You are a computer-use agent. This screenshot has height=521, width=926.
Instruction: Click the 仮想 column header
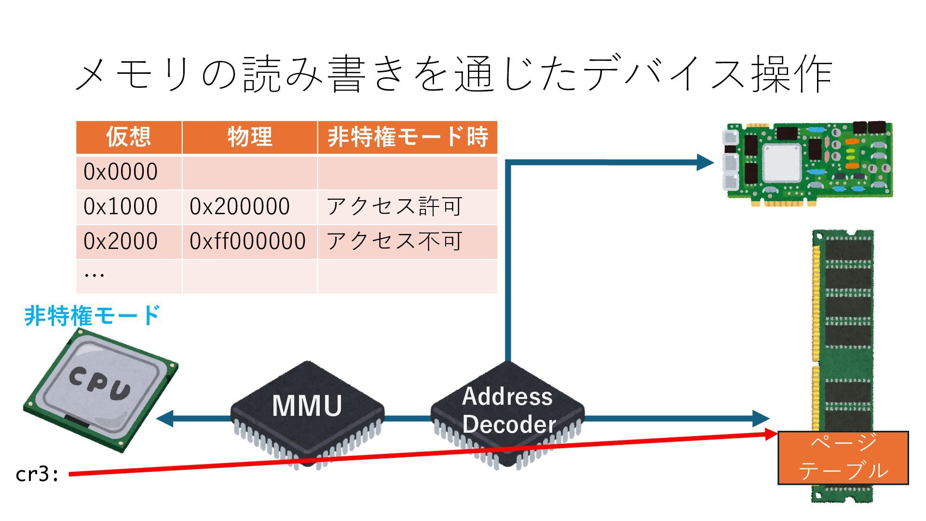coord(129,137)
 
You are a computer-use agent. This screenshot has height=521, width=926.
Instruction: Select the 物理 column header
coord(249,137)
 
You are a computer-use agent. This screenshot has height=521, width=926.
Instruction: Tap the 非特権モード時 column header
coord(408,137)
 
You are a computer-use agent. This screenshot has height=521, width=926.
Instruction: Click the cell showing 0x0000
coord(121,172)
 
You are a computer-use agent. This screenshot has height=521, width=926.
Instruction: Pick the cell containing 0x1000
coord(121,207)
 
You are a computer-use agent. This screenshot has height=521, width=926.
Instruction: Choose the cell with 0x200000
coord(240,207)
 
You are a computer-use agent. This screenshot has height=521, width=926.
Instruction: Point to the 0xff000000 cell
coord(247,241)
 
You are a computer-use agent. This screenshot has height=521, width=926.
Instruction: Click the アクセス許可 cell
coord(395,207)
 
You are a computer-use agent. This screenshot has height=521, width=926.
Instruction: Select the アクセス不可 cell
coord(395,241)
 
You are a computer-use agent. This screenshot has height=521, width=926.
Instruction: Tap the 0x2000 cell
coord(121,241)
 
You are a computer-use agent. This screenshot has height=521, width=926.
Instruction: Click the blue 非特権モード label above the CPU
coord(92,316)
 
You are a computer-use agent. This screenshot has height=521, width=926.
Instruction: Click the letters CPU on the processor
coord(100,384)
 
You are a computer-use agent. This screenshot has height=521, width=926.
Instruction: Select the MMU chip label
coord(307,406)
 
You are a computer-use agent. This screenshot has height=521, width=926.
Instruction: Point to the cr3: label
coord(37,474)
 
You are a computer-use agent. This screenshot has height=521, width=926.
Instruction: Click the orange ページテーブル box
coord(843,457)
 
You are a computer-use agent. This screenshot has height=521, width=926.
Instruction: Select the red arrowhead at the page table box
coord(771,434)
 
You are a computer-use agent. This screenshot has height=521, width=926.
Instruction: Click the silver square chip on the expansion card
coord(782,163)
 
